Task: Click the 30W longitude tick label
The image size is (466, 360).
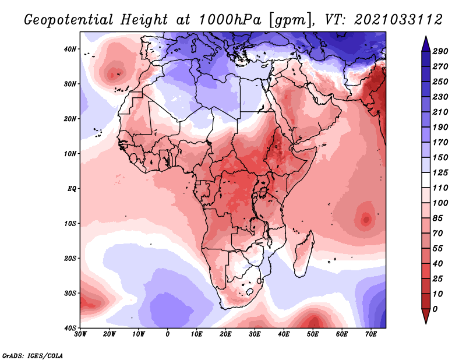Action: click(80, 334)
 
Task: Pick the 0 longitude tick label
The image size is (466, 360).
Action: click(168, 334)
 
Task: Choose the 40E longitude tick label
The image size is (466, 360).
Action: click(284, 334)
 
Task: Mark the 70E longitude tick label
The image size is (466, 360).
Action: click(371, 334)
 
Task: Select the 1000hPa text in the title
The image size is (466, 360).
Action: click(231, 19)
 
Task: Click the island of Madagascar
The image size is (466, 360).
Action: click(303, 252)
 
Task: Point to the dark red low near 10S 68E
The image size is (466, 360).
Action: click(366, 220)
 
